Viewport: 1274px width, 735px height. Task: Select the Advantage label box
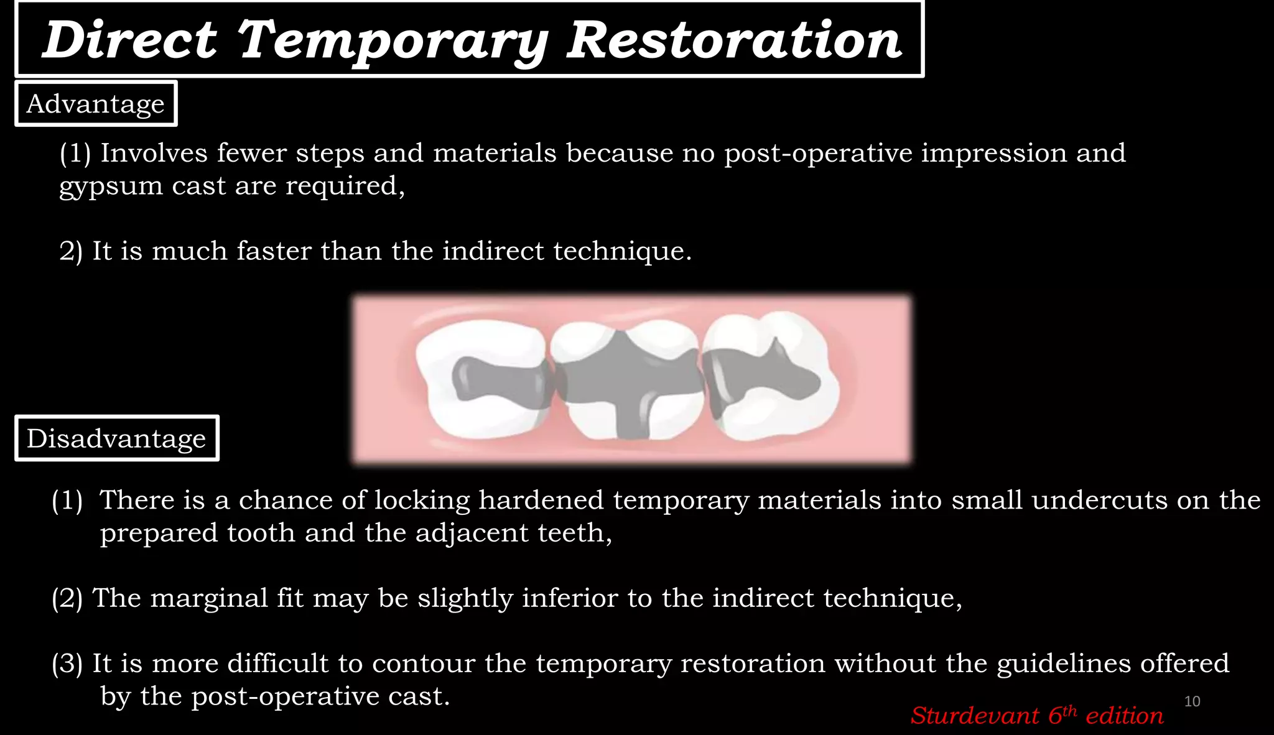96,104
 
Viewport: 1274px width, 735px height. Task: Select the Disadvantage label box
116,438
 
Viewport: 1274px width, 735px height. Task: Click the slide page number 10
1192,701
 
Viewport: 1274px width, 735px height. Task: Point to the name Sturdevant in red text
975,716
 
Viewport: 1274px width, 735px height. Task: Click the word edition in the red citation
1124,716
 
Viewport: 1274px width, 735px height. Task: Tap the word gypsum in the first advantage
111,187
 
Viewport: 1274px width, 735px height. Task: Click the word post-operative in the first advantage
817,154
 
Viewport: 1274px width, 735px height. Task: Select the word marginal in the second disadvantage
208,598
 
